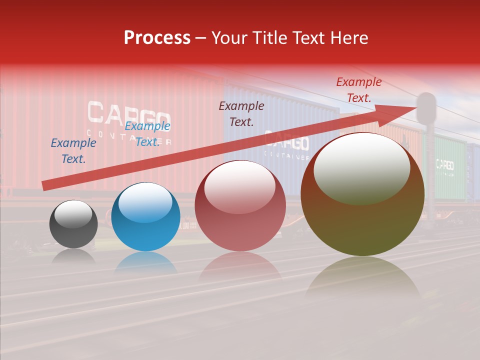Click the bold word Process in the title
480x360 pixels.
pos(157,38)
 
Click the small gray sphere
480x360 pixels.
pos(73,224)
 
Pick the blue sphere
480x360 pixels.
pos(145,217)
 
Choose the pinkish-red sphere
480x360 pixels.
pos(240,205)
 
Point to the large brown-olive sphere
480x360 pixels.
pos(362,194)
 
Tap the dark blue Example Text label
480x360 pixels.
pos(73,151)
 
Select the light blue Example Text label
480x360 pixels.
pos(147,134)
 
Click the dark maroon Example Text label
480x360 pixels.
pos(241,113)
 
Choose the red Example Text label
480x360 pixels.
pos(359,90)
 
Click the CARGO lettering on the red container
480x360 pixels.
pos(129,113)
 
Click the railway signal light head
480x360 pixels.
pos(426,107)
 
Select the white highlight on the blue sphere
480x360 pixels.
pos(145,201)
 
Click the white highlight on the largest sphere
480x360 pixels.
pos(361,167)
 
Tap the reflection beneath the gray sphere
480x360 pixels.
pos(73,255)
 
